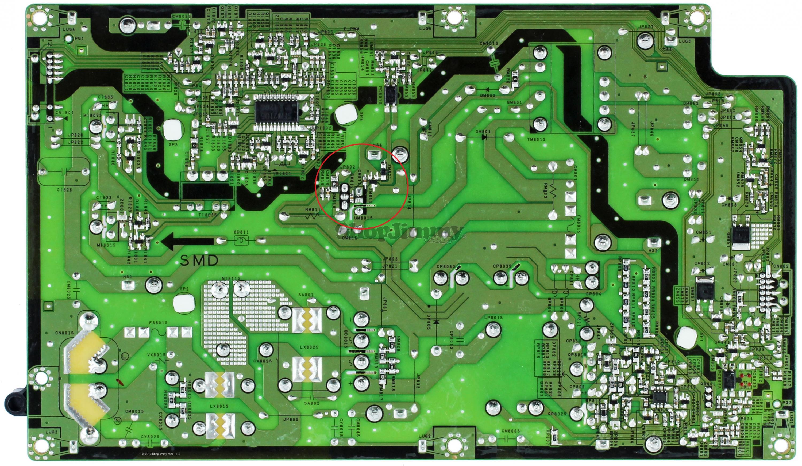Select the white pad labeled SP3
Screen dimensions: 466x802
click(173, 130)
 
